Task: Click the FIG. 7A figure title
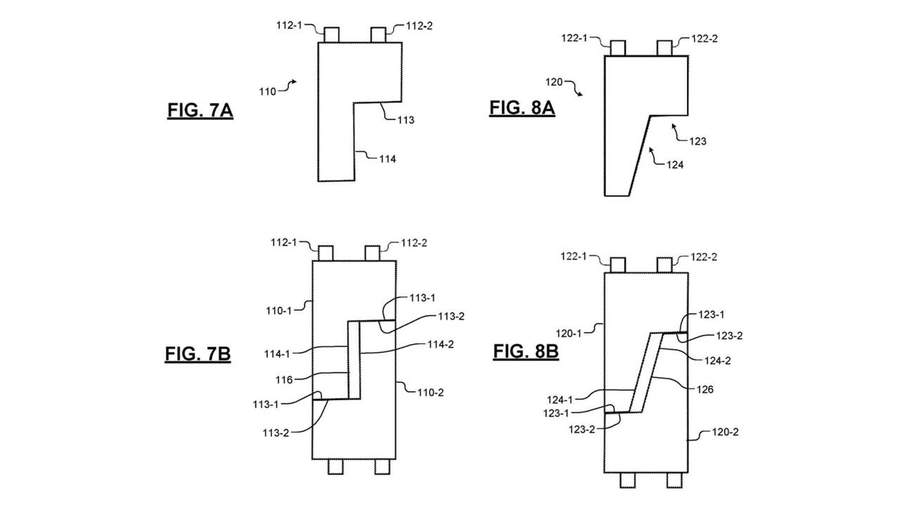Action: [200, 111]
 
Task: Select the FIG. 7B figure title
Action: [198, 354]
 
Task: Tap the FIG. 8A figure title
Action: [522, 108]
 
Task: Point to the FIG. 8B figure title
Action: [525, 351]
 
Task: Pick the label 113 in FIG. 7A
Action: [405, 120]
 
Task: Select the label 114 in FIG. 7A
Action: [387, 159]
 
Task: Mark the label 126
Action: [705, 388]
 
